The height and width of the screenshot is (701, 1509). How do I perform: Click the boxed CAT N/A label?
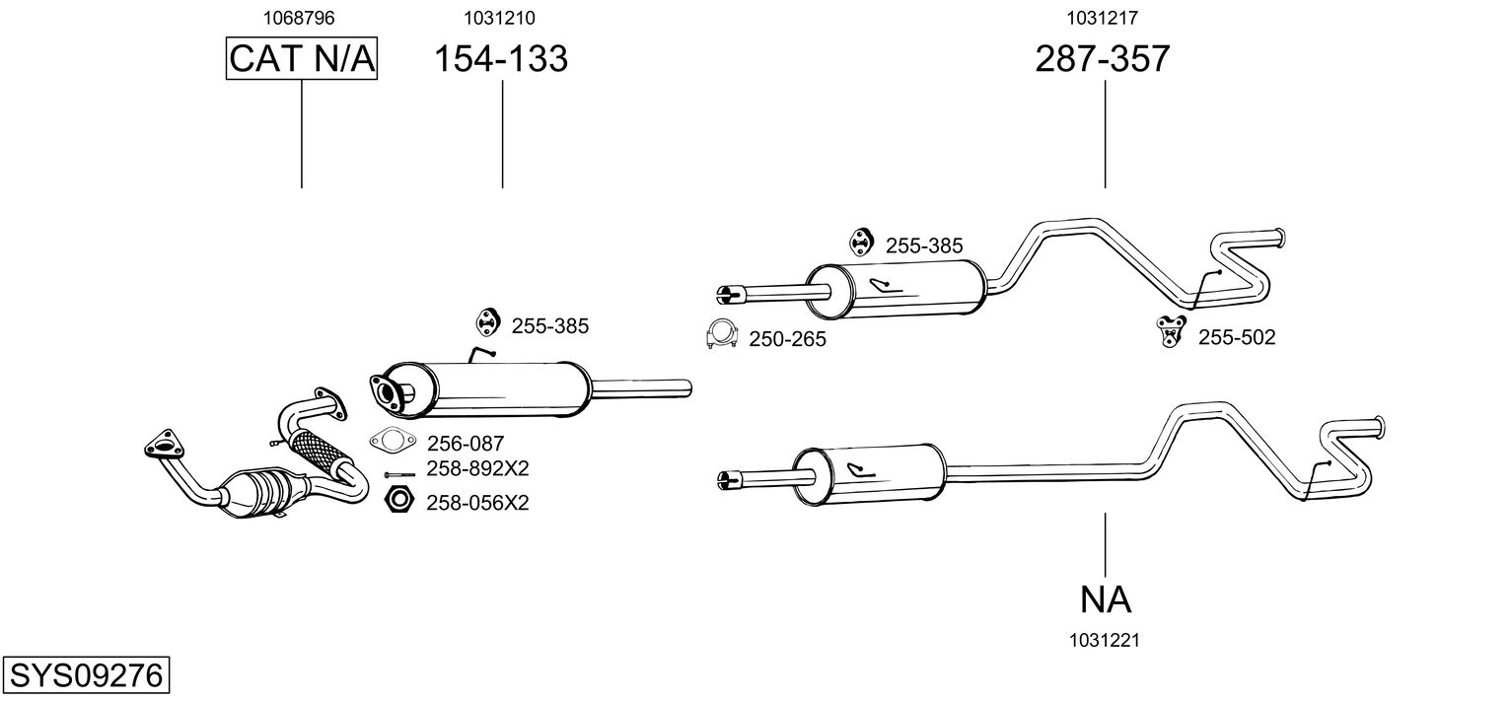302,59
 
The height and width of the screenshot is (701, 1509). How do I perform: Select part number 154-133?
502,59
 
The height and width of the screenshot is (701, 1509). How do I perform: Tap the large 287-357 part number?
1103,59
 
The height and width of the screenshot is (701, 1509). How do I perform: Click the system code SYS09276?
85,675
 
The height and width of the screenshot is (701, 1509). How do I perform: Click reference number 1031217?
1104,17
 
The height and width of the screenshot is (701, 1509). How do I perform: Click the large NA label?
1105,598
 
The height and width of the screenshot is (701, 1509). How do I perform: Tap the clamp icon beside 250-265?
723,336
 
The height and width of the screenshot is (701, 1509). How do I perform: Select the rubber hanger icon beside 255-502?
1171,330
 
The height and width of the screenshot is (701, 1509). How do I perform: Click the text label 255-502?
1237,338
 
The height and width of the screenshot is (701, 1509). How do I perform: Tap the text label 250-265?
787,339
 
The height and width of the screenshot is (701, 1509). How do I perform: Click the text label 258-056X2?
477,503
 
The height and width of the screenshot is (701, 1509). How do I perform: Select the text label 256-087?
465,444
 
